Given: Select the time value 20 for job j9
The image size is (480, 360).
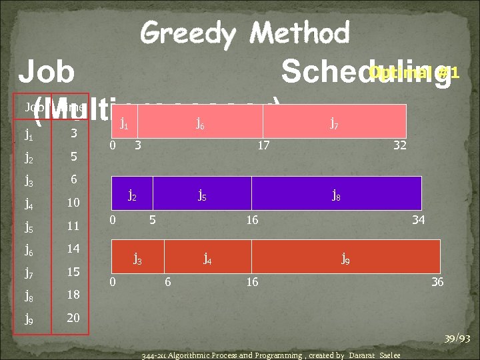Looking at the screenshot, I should coord(73,318).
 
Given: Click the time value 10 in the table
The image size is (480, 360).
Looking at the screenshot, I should coord(73,202).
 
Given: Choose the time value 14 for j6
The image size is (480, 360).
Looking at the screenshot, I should coord(73,249).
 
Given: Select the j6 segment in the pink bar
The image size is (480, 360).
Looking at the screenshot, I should coord(200,121).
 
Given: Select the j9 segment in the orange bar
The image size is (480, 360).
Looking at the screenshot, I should coord(345,257).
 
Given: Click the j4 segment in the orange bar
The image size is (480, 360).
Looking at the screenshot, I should coord(208,257).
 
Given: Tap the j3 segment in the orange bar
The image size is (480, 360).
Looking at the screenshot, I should coord(137,257).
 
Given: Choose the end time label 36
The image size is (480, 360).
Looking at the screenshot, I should coord(437,282).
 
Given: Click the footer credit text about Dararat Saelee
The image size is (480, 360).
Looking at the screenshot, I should coord(271,355).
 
